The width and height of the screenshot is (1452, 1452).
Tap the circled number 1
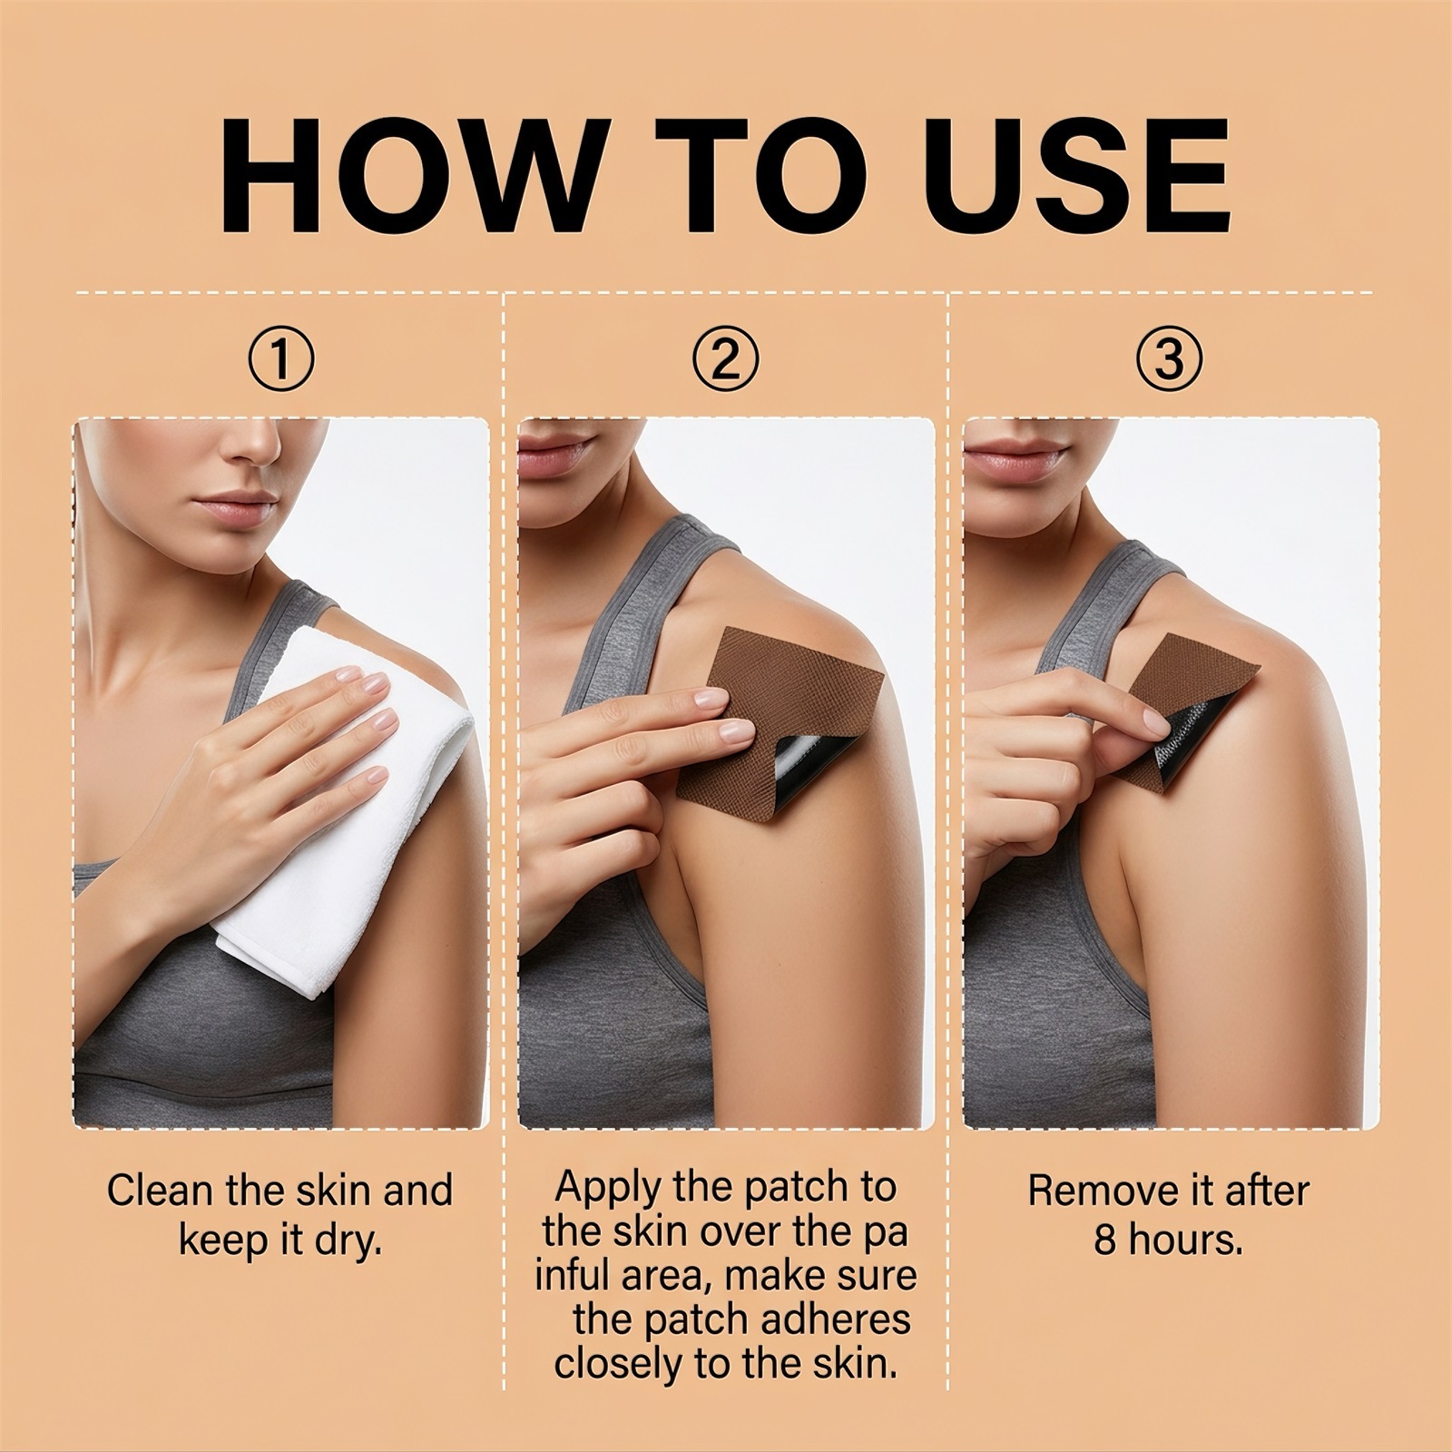281,359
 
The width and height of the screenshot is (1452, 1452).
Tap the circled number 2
724,359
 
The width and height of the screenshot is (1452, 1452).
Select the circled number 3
1169,359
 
